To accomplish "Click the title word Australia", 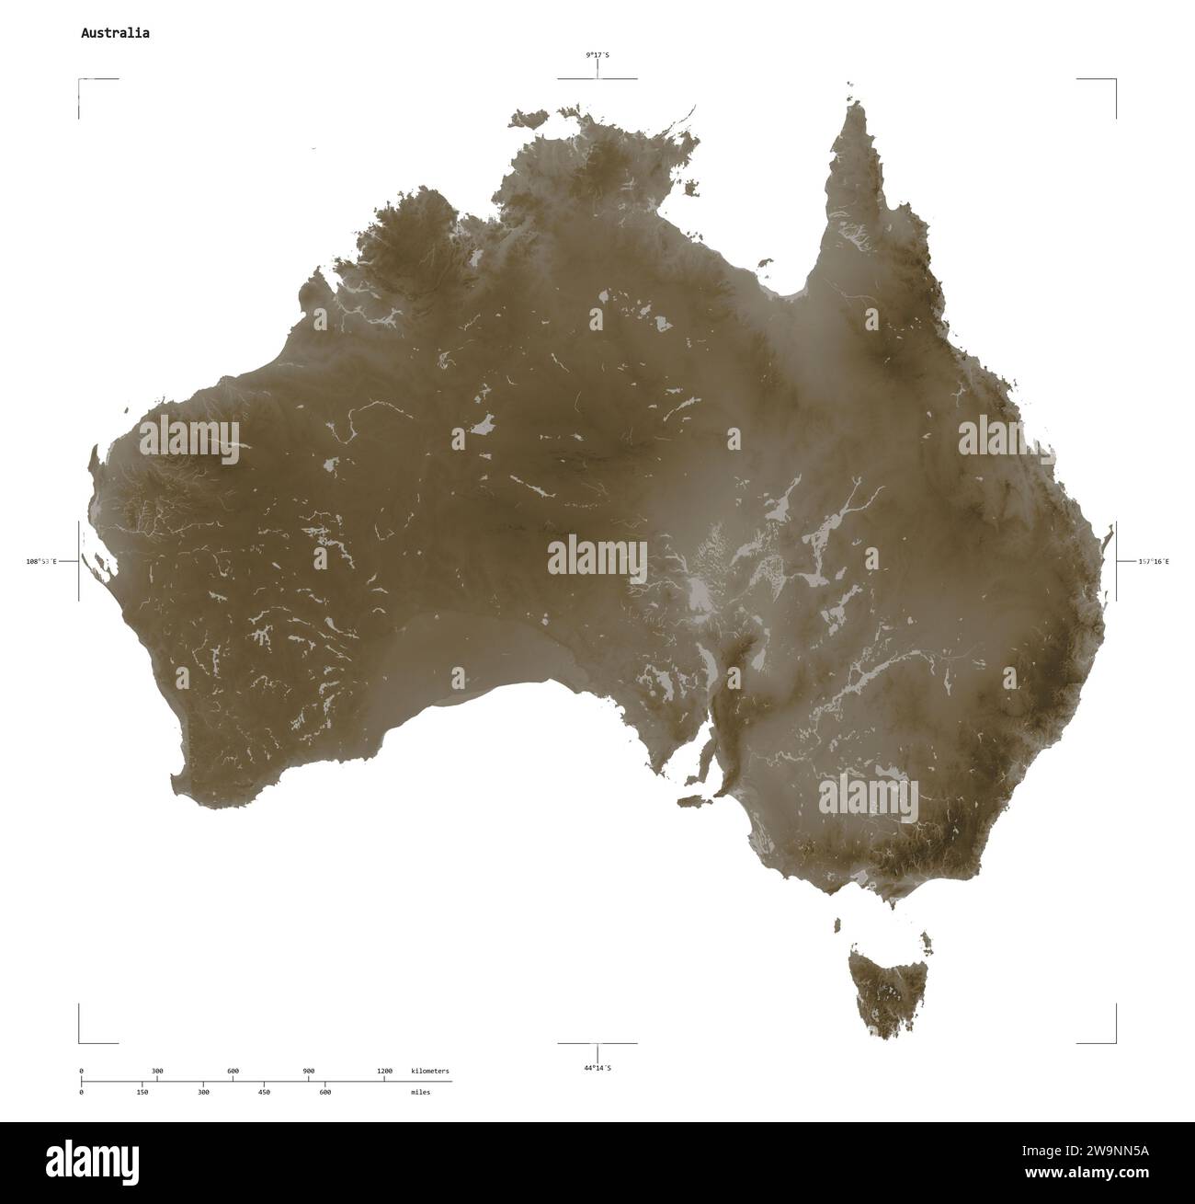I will (x=115, y=33).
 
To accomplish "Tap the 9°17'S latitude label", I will (x=597, y=56).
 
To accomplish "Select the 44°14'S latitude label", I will (x=597, y=1068).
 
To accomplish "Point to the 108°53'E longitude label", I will (x=41, y=561).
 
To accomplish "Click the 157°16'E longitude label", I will (x=1154, y=561).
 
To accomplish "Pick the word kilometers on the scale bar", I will (x=430, y=1072).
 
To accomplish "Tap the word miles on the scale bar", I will (x=420, y=1092).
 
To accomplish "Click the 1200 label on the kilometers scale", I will (x=384, y=1072).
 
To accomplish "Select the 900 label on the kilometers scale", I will (x=308, y=1072).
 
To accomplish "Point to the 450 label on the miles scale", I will (x=264, y=1092).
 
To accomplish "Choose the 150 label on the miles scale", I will (x=142, y=1092).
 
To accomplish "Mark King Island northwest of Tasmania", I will (x=837, y=924).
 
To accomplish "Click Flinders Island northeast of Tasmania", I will (x=927, y=940).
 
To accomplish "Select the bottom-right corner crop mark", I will (x=1114, y=1041).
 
